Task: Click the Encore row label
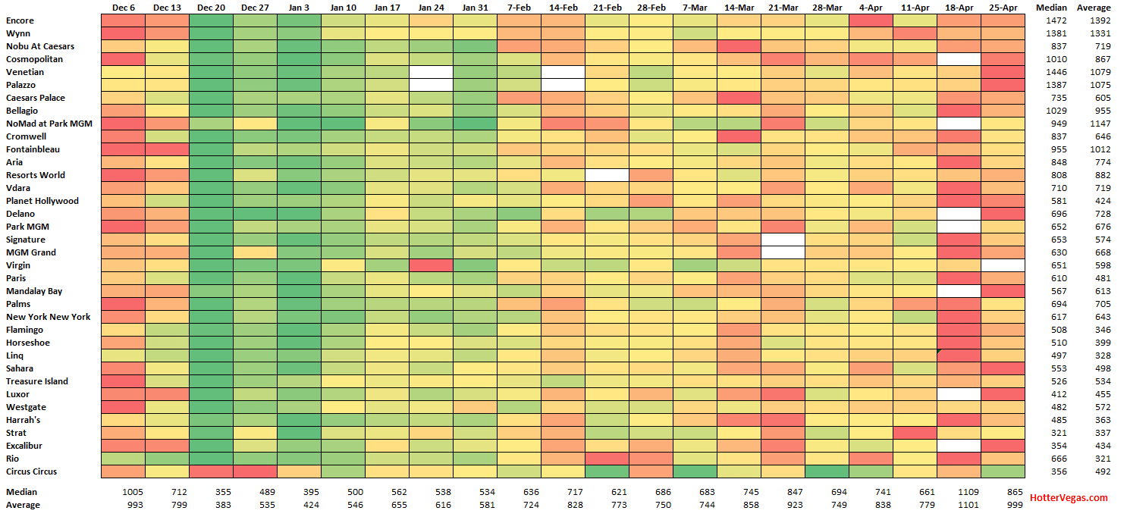coord(20,20)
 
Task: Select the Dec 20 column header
coord(211,8)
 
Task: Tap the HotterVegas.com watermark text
coord(1068,498)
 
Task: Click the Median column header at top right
coord(1051,8)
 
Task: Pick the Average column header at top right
coord(1094,8)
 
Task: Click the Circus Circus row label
coord(31,471)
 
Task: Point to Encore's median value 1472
coord(1056,20)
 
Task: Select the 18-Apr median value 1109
coord(959,492)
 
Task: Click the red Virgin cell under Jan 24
coord(431,265)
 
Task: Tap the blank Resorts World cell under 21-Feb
coord(607,175)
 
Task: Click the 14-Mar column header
coord(739,8)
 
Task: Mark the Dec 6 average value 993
coord(132,505)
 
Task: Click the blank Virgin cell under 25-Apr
coord(1003,265)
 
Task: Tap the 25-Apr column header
coord(1003,8)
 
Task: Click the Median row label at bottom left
coord(21,492)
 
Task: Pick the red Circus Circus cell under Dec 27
coord(255,471)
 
